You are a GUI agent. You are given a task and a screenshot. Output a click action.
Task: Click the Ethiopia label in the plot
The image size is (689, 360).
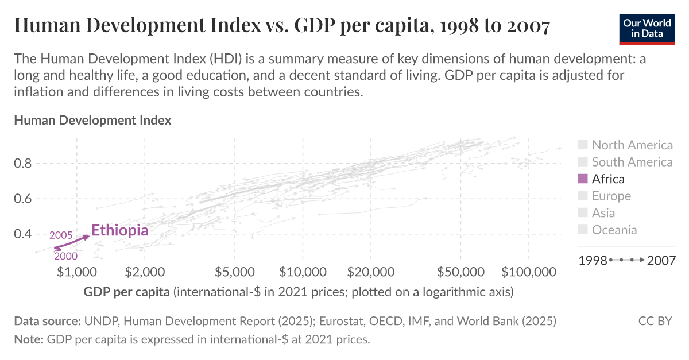pyautogui.click(x=119, y=231)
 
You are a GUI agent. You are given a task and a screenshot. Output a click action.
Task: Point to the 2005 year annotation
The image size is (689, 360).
pyautogui.click(x=60, y=235)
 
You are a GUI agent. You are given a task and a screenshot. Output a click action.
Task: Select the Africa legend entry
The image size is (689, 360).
pyautogui.click(x=608, y=179)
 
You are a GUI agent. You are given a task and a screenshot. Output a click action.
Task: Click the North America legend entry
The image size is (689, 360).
pyautogui.click(x=632, y=145)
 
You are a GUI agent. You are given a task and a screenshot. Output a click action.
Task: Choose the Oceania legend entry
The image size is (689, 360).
pyautogui.click(x=614, y=230)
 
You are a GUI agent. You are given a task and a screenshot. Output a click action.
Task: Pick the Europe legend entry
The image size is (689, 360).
pyautogui.click(x=611, y=196)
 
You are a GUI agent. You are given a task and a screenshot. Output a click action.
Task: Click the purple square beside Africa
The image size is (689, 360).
pyautogui.click(x=583, y=179)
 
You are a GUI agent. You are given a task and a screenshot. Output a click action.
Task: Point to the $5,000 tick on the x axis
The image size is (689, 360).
pyautogui.click(x=235, y=271)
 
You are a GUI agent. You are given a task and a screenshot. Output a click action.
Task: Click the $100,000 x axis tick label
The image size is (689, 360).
pyautogui.click(x=528, y=271)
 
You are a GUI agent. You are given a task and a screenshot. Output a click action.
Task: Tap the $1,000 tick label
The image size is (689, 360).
pyautogui.click(x=76, y=271)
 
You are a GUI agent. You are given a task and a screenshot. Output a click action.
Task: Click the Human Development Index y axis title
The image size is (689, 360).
pyautogui.click(x=92, y=121)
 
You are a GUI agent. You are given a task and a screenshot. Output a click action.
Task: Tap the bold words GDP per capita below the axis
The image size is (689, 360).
pyautogui.click(x=126, y=292)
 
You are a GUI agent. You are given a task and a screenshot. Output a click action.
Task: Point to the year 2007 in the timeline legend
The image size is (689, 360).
pyautogui.click(x=661, y=260)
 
